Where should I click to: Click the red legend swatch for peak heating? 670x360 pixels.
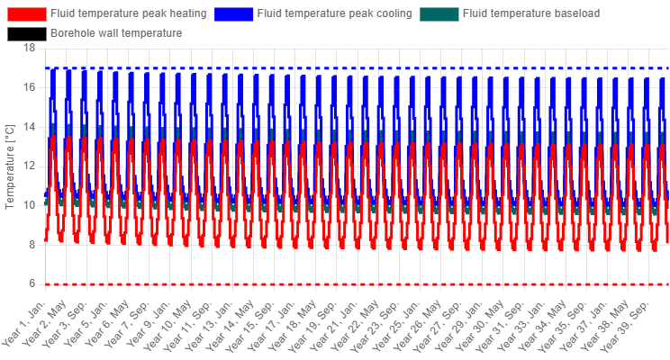coord(27,14)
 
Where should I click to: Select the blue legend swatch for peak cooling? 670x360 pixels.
coord(233,14)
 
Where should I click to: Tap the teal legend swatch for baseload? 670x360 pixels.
coord(439,14)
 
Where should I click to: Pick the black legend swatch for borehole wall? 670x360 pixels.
coord(27,33)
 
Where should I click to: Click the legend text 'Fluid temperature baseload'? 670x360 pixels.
coord(531,13)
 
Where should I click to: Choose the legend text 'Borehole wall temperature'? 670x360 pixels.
coord(116,33)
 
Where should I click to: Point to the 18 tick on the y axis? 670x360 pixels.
coord(30,48)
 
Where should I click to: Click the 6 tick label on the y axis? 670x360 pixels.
coord(32,284)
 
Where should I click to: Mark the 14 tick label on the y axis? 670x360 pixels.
coord(30,127)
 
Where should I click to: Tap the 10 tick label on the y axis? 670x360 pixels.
coord(30,205)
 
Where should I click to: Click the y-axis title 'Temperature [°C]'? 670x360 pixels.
coord(9,167)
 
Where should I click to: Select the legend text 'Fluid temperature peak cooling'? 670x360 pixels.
coord(335,13)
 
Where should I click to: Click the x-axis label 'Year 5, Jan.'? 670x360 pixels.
coord(87,322)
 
